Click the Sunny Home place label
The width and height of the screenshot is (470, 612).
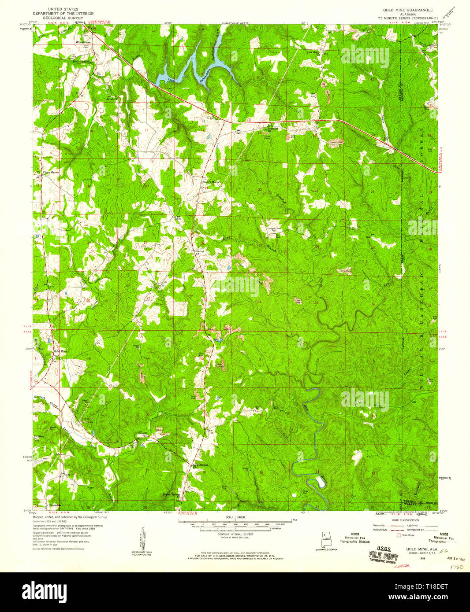tap(210, 182)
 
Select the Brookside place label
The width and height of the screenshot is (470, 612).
tap(54, 505)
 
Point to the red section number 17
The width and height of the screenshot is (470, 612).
tap(145, 130)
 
